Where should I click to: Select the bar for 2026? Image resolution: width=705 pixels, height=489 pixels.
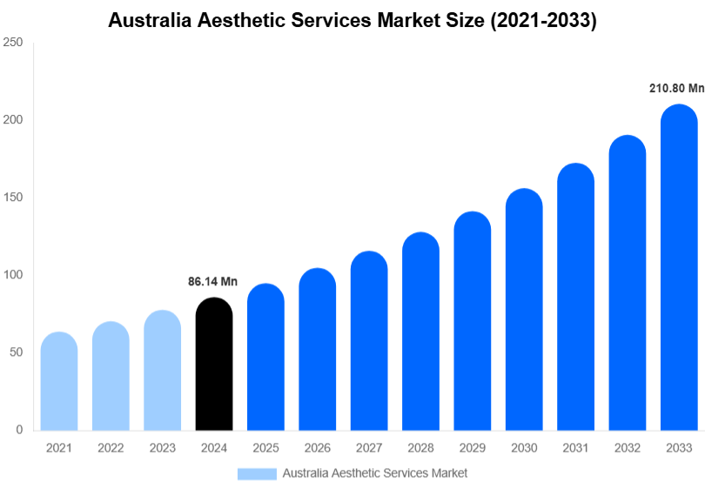point(317,349)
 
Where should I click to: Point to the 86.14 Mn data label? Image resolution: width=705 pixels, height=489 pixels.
point(213,282)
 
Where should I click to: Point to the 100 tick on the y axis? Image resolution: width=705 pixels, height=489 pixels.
point(12,275)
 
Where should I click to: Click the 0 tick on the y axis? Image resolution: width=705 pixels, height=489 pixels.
point(18,430)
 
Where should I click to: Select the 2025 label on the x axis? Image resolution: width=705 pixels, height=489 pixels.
point(265,448)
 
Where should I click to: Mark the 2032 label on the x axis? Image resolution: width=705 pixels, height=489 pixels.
point(627,448)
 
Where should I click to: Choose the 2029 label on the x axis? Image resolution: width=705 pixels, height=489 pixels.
point(472,448)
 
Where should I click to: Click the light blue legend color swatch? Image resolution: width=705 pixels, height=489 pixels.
point(257,473)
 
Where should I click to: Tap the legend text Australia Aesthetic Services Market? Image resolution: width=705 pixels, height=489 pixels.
point(375,473)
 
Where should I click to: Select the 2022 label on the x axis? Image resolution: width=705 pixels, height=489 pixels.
point(111,448)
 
